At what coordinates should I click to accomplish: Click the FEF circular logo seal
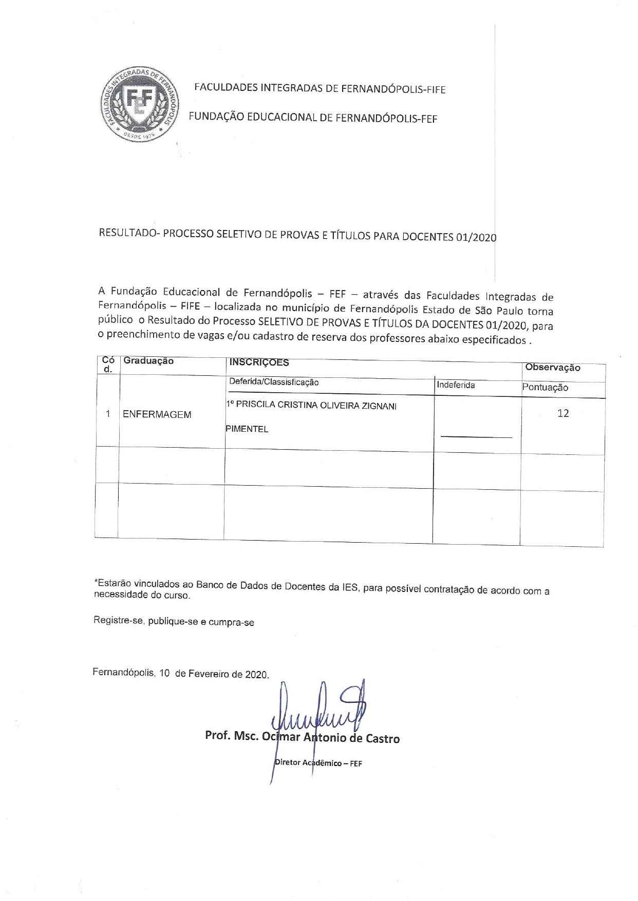pos(139,105)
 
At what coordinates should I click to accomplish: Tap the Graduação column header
pos(148,361)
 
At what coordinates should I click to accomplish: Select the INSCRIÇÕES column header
pos(259,362)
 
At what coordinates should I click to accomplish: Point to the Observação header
pos(552,368)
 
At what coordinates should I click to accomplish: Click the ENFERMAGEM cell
pos(157,415)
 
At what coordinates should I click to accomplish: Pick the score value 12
pos(563,413)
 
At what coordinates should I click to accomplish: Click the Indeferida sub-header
pos(456,385)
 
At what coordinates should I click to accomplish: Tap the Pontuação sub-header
pos(545,388)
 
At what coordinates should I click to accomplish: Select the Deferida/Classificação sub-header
pos(274,382)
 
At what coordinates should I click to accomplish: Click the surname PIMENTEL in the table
pos(247,429)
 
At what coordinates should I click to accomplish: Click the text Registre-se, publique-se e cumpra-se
pos(174,622)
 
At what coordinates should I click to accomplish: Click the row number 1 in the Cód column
pos(108,414)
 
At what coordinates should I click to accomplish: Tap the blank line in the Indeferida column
pos(476,436)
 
